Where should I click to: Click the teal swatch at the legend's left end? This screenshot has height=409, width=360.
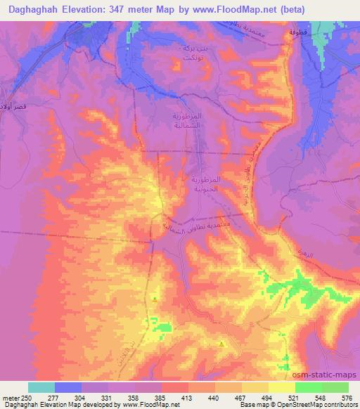[41, 387]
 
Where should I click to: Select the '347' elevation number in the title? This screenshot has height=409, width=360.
[122, 11]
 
